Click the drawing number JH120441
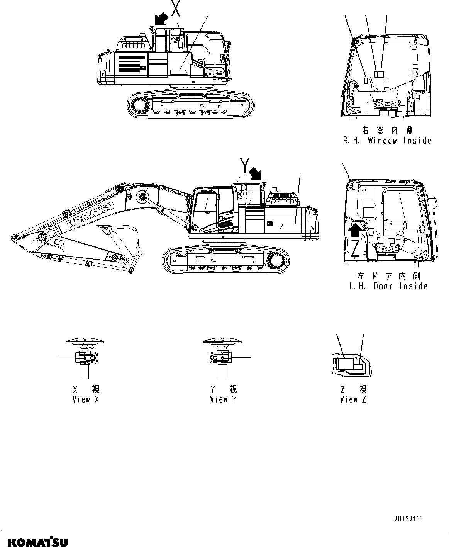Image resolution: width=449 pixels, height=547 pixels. pyautogui.click(x=408, y=518)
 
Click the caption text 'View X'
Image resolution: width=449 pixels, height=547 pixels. pyautogui.click(x=86, y=399)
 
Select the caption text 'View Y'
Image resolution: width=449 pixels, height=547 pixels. pyautogui.click(x=223, y=399)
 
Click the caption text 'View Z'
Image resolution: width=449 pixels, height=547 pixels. pyautogui.click(x=353, y=399)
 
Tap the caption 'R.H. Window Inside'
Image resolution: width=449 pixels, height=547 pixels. pyautogui.click(x=387, y=141)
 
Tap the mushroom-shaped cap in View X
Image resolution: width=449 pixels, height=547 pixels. pyautogui.click(x=85, y=341)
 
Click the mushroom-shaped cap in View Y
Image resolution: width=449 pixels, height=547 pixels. pyautogui.click(x=222, y=341)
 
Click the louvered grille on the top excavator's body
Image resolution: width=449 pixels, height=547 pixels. pyautogui.click(x=129, y=66)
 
